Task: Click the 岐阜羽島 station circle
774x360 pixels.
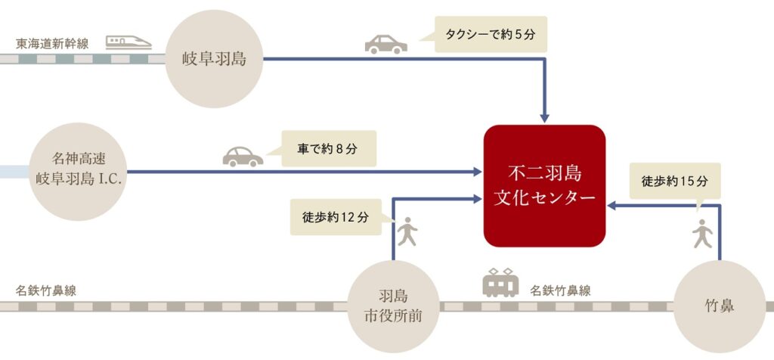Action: (214, 59)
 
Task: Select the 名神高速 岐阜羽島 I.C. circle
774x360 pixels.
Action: (78, 172)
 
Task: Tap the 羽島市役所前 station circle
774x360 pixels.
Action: (393, 306)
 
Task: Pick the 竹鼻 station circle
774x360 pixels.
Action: (720, 306)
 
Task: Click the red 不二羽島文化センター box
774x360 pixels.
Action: (544, 186)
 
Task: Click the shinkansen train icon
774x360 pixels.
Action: (128, 42)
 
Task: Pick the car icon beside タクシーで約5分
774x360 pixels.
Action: (386, 45)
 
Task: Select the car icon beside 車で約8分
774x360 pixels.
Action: (243, 157)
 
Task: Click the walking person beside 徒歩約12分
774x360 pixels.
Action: (407, 231)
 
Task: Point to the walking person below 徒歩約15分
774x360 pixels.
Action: (702, 234)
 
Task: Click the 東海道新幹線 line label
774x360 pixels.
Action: (52, 44)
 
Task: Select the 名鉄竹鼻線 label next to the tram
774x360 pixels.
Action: (560, 291)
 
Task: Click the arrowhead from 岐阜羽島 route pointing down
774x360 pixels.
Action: (544, 119)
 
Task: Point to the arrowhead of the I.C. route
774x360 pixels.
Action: (478, 172)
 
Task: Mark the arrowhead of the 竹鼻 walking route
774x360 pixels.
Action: (611, 206)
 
